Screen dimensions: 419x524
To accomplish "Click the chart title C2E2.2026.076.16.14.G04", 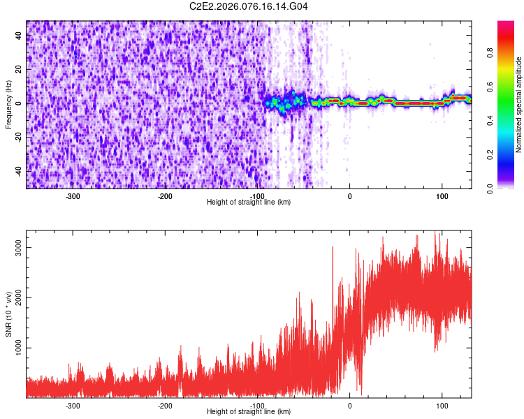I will pyautogui.click(x=249, y=6).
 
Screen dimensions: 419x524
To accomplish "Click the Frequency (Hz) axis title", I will pyautogui.click(x=9, y=105).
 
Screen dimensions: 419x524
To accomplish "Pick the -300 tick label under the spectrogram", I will pyautogui.click(x=73, y=196).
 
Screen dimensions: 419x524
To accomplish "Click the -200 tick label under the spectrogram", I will pyautogui.click(x=165, y=196).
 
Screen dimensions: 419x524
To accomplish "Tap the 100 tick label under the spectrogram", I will pyautogui.click(x=442, y=196).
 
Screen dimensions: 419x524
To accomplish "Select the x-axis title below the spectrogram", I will pyautogui.click(x=249, y=203).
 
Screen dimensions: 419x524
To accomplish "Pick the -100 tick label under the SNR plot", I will pyautogui.click(x=257, y=406).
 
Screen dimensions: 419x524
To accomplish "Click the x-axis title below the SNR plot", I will pyautogui.click(x=249, y=412).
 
